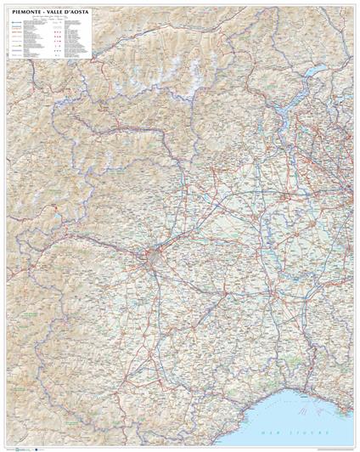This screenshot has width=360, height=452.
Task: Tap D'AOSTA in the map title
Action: (77, 13)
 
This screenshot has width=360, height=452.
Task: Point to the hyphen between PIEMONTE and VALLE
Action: (43, 13)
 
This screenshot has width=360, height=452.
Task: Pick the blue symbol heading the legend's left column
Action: (14, 25)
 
